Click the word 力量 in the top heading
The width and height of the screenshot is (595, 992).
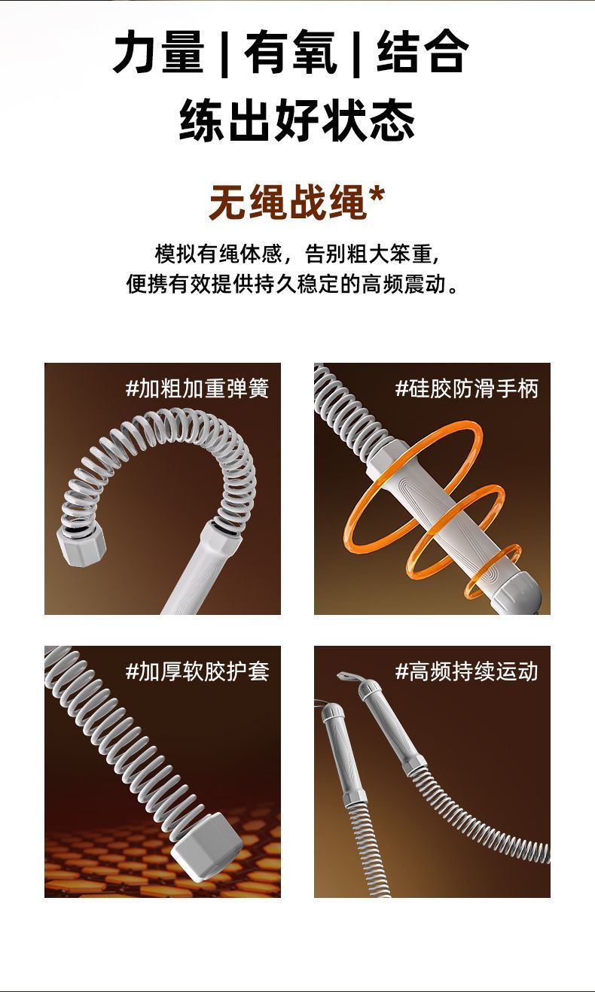[x=159, y=51]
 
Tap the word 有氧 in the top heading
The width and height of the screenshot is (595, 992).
[x=291, y=51]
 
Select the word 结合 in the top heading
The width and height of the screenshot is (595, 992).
[x=423, y=51]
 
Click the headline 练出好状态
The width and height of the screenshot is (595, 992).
[x=297, y=120]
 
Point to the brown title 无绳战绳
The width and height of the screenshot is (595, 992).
[x=288, y=202]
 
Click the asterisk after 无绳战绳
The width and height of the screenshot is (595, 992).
[x=377, y=195]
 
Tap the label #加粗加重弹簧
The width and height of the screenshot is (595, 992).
[x=197, y=388]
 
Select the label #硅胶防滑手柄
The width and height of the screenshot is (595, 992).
[x=466, y=388]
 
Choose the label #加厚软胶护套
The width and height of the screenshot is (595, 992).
[x=197, y=671]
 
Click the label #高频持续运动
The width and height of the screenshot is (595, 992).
[x=466, y=671]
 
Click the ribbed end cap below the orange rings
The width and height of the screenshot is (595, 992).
[x=517, y=592]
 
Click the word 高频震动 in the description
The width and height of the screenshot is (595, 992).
[x=404, y=284]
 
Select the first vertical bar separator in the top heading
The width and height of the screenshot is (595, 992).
[x=224, y=53]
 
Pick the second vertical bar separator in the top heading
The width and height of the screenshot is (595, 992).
[x=356, y=53]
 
